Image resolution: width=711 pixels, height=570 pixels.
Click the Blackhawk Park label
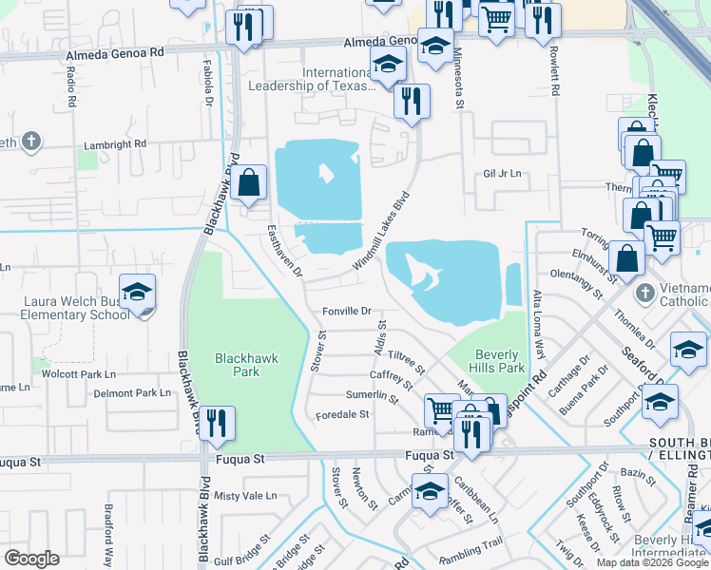click(x=238, y=365)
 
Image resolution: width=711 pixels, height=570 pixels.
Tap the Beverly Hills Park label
click(x=499, y=360)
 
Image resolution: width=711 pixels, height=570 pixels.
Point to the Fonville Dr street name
click(x=346, y=311)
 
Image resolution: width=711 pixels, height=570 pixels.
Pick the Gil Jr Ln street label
click(x=504, y=174)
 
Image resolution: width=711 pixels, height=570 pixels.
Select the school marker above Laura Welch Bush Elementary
click(x=138, y=292)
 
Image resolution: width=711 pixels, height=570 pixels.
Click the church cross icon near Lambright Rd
click(x=31, y=142)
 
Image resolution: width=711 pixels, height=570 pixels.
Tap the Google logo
click(x=31, y=559)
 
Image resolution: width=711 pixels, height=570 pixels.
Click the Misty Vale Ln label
click(x=245, y=496)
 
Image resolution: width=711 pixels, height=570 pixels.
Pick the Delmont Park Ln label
click(x=131, y=392)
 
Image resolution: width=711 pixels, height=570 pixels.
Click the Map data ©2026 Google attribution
click(x=653, y=562)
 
